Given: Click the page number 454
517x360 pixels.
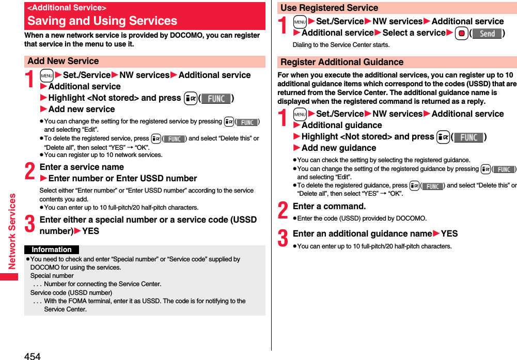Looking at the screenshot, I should pos(32,356).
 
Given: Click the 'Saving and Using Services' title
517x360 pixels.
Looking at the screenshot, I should pos(102,21).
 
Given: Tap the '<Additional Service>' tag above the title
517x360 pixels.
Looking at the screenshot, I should pos(67,8).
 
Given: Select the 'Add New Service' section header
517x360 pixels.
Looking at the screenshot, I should pos(63,61).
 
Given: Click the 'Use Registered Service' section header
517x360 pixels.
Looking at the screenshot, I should pos(329,8).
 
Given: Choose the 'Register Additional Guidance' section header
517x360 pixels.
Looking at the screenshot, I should pos(341,62).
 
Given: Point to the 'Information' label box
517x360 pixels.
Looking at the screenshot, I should pos(52,249).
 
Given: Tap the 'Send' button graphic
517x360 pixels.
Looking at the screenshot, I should pos(487,34).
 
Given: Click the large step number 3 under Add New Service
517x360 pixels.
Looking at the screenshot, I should pos(30,225).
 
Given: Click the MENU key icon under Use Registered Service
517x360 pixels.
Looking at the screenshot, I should pos(300,22).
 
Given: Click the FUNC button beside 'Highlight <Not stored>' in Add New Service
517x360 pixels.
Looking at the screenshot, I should pos(216,98).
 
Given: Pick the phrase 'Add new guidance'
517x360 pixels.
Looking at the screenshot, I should pos(339,148).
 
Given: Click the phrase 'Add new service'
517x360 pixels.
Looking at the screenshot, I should pos(82,109).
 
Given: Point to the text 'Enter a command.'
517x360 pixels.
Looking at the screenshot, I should pos(329,206).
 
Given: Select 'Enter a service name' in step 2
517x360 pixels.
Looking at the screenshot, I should pos(82,167).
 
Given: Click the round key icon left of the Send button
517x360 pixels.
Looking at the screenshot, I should pos(461,34).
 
